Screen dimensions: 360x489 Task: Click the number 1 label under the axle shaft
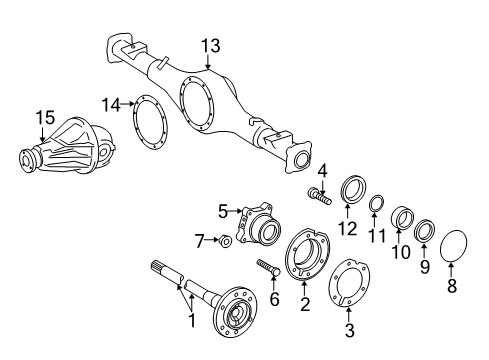click(188, 322)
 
